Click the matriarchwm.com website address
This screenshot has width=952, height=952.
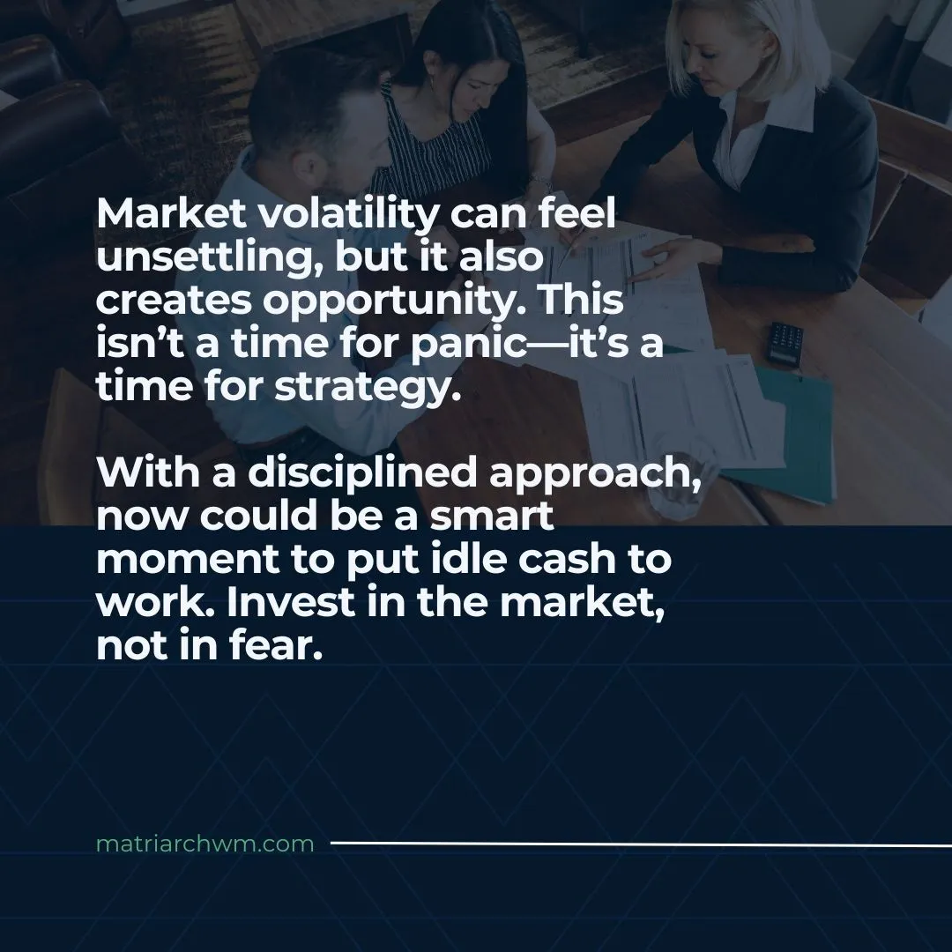pyautogui.click(x=205, y=844)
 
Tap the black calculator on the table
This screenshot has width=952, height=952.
pyautogui.click(x=785, y=342)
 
